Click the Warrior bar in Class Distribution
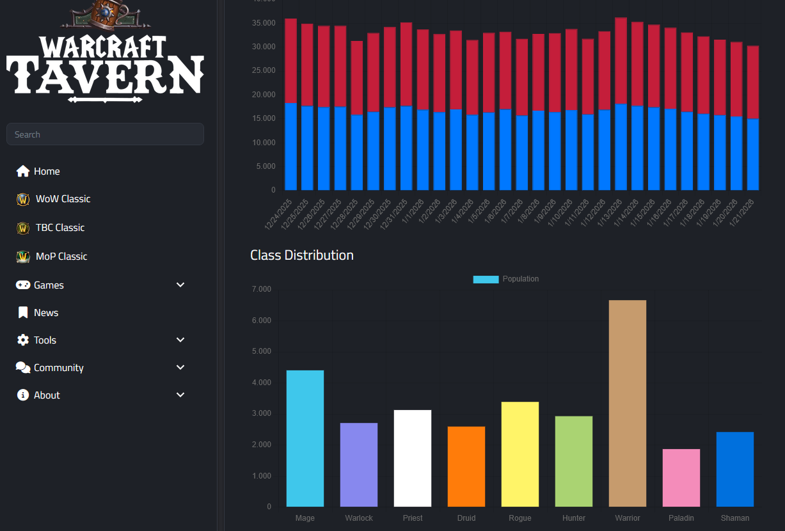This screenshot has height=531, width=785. (627, 403)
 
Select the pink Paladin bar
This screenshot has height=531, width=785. (681, 478)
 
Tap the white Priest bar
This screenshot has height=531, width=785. (413, 458)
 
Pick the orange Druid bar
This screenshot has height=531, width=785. (466, 466)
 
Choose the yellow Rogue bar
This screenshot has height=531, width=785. (520, 454)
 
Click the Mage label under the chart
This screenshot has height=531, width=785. (305, 518)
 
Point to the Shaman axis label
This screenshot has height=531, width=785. (734, 518)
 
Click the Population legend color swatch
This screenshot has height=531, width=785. (486, 280)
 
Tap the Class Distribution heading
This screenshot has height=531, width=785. (302, 255)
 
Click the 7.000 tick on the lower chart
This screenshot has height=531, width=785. (261, 289)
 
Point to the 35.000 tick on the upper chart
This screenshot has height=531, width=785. (264, 23)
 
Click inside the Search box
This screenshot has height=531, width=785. (105, 134)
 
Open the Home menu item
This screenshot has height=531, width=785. (47, 171)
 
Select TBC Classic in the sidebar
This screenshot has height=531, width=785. (60, 228)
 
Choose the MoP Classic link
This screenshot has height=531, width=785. (61, 257)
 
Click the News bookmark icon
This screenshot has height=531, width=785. (23, 313)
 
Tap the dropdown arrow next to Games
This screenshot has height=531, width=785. (180, 285)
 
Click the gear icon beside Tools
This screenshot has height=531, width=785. (23, 340)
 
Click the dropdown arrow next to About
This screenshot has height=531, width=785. (180, 395)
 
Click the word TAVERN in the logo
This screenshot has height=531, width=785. (105, 74)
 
